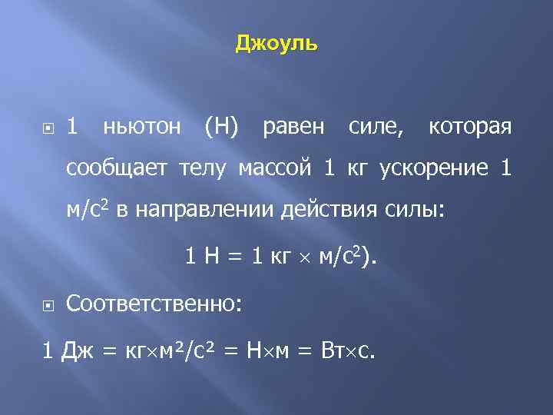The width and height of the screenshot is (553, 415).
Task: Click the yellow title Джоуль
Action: [x=276, y=43]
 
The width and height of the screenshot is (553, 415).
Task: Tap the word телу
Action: [x=205, y=168]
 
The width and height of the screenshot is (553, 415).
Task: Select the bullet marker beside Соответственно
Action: [x=48, y=305]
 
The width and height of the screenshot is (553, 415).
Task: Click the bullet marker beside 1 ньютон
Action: [x=48, y=126]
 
